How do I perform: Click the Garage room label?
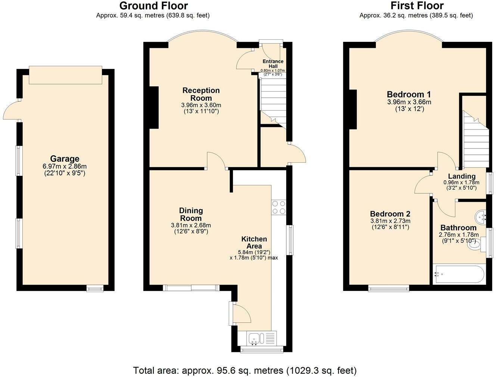tap(65, 159)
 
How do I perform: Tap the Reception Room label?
tap(201, 94)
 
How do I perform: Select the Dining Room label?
tap(191, 214)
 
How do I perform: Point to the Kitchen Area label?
tap(254, 242)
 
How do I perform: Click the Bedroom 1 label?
tap(409, 94)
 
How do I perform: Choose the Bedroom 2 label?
tap(390, 214)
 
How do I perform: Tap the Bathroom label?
tap(458, 227)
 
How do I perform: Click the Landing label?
tap(462, 176)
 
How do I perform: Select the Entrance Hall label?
tap(273, 64)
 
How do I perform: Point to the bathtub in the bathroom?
tap(459, 274)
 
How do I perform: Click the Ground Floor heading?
tap(153, 6)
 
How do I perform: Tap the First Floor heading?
tap(417, 6)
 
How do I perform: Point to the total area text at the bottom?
tap(245, 370)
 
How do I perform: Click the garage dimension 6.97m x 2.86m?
tap(65, 166)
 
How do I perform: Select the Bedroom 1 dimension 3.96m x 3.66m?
tap(409, 102)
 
